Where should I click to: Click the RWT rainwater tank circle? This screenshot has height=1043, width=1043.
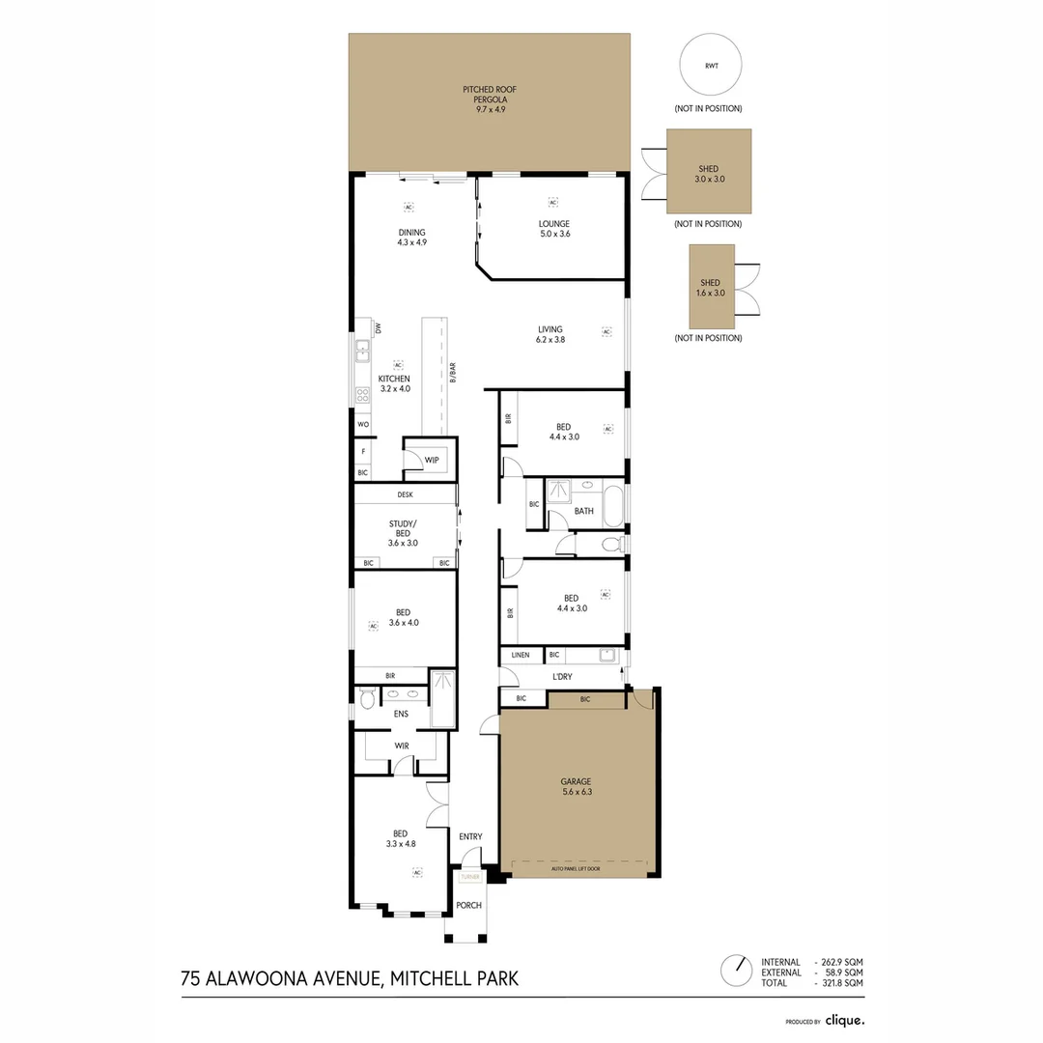coord(710,66)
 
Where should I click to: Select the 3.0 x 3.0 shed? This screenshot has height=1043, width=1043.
coord(708,172)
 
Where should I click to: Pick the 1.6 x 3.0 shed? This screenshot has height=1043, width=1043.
coord(711,287)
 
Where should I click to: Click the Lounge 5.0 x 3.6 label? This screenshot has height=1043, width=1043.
coord(553,228)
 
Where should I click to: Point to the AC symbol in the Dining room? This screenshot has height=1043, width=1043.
coord(409,208)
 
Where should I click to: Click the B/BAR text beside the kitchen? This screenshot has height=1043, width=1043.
coord(452,373)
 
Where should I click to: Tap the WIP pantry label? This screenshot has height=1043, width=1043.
coord(432,461)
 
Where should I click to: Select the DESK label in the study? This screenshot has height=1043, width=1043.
coord(405,494)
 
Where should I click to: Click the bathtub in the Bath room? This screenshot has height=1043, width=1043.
coord(613,505)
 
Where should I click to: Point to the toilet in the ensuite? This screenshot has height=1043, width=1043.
coord(365,699)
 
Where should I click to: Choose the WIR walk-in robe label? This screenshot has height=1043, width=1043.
coord(402,746)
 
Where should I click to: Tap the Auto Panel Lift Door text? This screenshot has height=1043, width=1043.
coord(576,869)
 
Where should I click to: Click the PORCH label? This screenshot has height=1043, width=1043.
coord(468,905)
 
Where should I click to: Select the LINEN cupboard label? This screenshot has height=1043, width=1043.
coord(521,655)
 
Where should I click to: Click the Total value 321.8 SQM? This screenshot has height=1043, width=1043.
coord(841,982)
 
